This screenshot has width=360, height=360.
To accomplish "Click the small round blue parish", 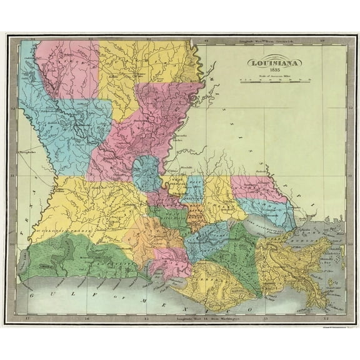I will (146, 173).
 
